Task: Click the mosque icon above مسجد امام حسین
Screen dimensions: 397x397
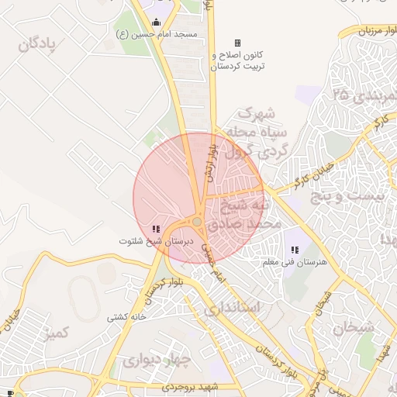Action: point(157,22)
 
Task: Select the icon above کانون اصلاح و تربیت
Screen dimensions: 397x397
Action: point(237,43)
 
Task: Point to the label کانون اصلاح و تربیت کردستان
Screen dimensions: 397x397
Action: point(238,61)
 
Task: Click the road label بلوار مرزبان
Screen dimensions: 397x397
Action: point(378,31)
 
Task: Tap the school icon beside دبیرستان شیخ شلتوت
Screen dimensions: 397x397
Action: point(156,229)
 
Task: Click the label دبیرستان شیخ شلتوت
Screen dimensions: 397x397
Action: point(154,241)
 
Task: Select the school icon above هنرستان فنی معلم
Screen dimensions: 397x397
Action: point(295,250)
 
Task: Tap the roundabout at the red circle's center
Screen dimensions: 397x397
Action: point(198,223)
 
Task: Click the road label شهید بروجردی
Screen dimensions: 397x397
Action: point(192,386)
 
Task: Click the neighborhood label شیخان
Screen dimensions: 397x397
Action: point(354,327)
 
